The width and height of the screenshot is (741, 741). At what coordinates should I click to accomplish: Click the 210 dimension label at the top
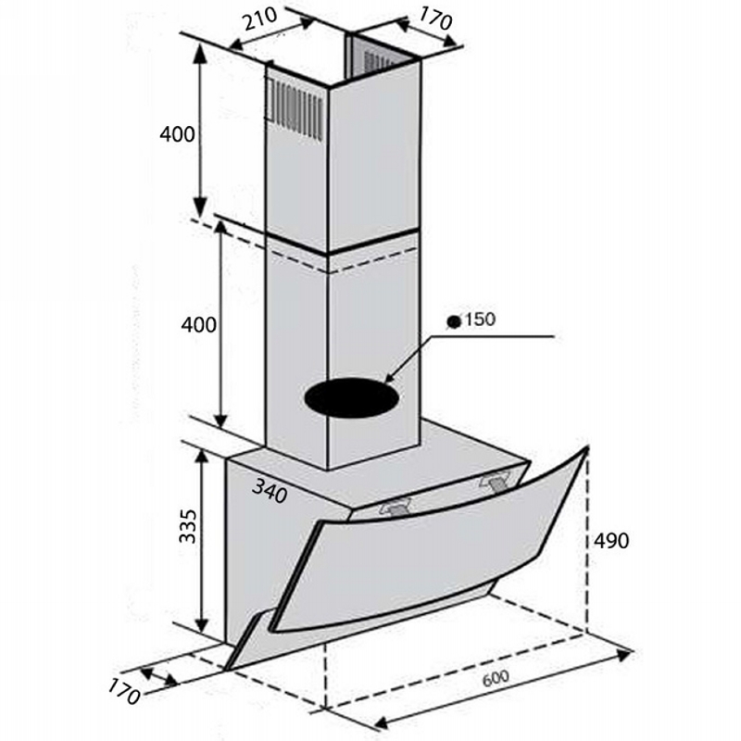[260, 19]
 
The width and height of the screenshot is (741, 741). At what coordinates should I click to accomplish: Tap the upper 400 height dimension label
[177, 134]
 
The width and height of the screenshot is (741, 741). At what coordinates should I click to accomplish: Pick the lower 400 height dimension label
[199, 325]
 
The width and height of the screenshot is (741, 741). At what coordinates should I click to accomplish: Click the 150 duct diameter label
[480, 320]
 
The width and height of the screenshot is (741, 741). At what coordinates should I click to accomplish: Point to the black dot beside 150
[454, 321]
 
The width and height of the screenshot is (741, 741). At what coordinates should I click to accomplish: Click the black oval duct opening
[351, 397]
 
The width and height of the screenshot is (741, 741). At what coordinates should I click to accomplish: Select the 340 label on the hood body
[269, 491]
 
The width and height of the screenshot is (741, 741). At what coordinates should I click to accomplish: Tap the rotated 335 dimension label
[188, 525]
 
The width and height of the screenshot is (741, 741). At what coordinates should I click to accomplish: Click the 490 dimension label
[611, 541]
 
